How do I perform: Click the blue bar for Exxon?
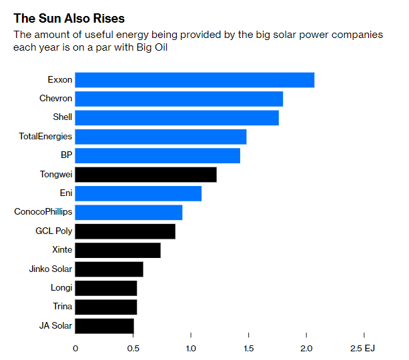point(194,80)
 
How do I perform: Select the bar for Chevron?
point(179,99)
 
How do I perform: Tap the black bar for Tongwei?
point(145,175)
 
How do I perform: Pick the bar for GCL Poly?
point(125,231)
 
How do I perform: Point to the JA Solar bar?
point(104,326)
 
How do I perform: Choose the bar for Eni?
point(138,193)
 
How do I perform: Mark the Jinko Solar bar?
point(109,269)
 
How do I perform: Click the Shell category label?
point(62,117)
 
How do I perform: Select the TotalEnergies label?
point(45,137)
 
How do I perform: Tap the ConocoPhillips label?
point(43,212)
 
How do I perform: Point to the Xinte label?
point(62,250)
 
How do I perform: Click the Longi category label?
point(61,288)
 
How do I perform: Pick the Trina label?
point(62,307)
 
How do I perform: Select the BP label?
point(66,155)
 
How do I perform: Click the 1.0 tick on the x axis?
point(191,348)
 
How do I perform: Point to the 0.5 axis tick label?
point(133,348)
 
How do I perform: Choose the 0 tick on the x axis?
point(75,348)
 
